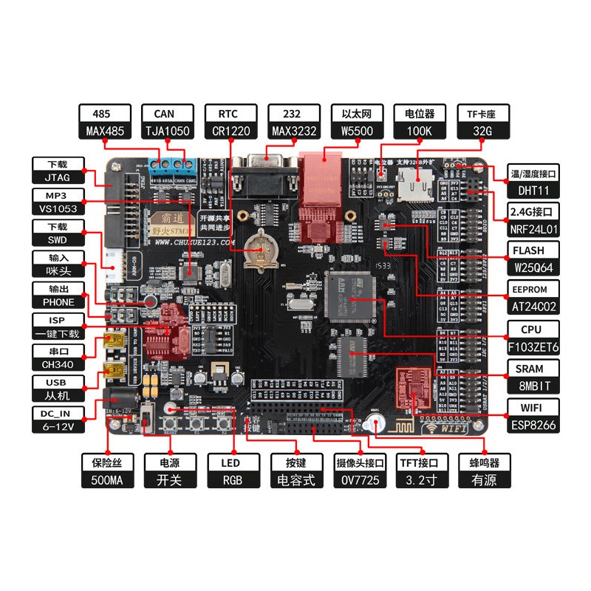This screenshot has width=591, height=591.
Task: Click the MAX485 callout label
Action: click(x=105, y=132)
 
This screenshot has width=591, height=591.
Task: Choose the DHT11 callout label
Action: click(x=533, y=191)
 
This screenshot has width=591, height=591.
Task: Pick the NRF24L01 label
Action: click(x=533, y=229)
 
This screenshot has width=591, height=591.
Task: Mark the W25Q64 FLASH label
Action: click(x=533, y=267)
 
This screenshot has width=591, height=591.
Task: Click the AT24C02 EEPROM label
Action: click(x=533, y=306)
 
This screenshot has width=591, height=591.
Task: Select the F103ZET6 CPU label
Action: click(x=533, y=345)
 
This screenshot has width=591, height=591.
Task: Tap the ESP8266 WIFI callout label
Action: click(x=533, y=425)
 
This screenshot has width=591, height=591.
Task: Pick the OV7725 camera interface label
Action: click(x=360, y=479)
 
